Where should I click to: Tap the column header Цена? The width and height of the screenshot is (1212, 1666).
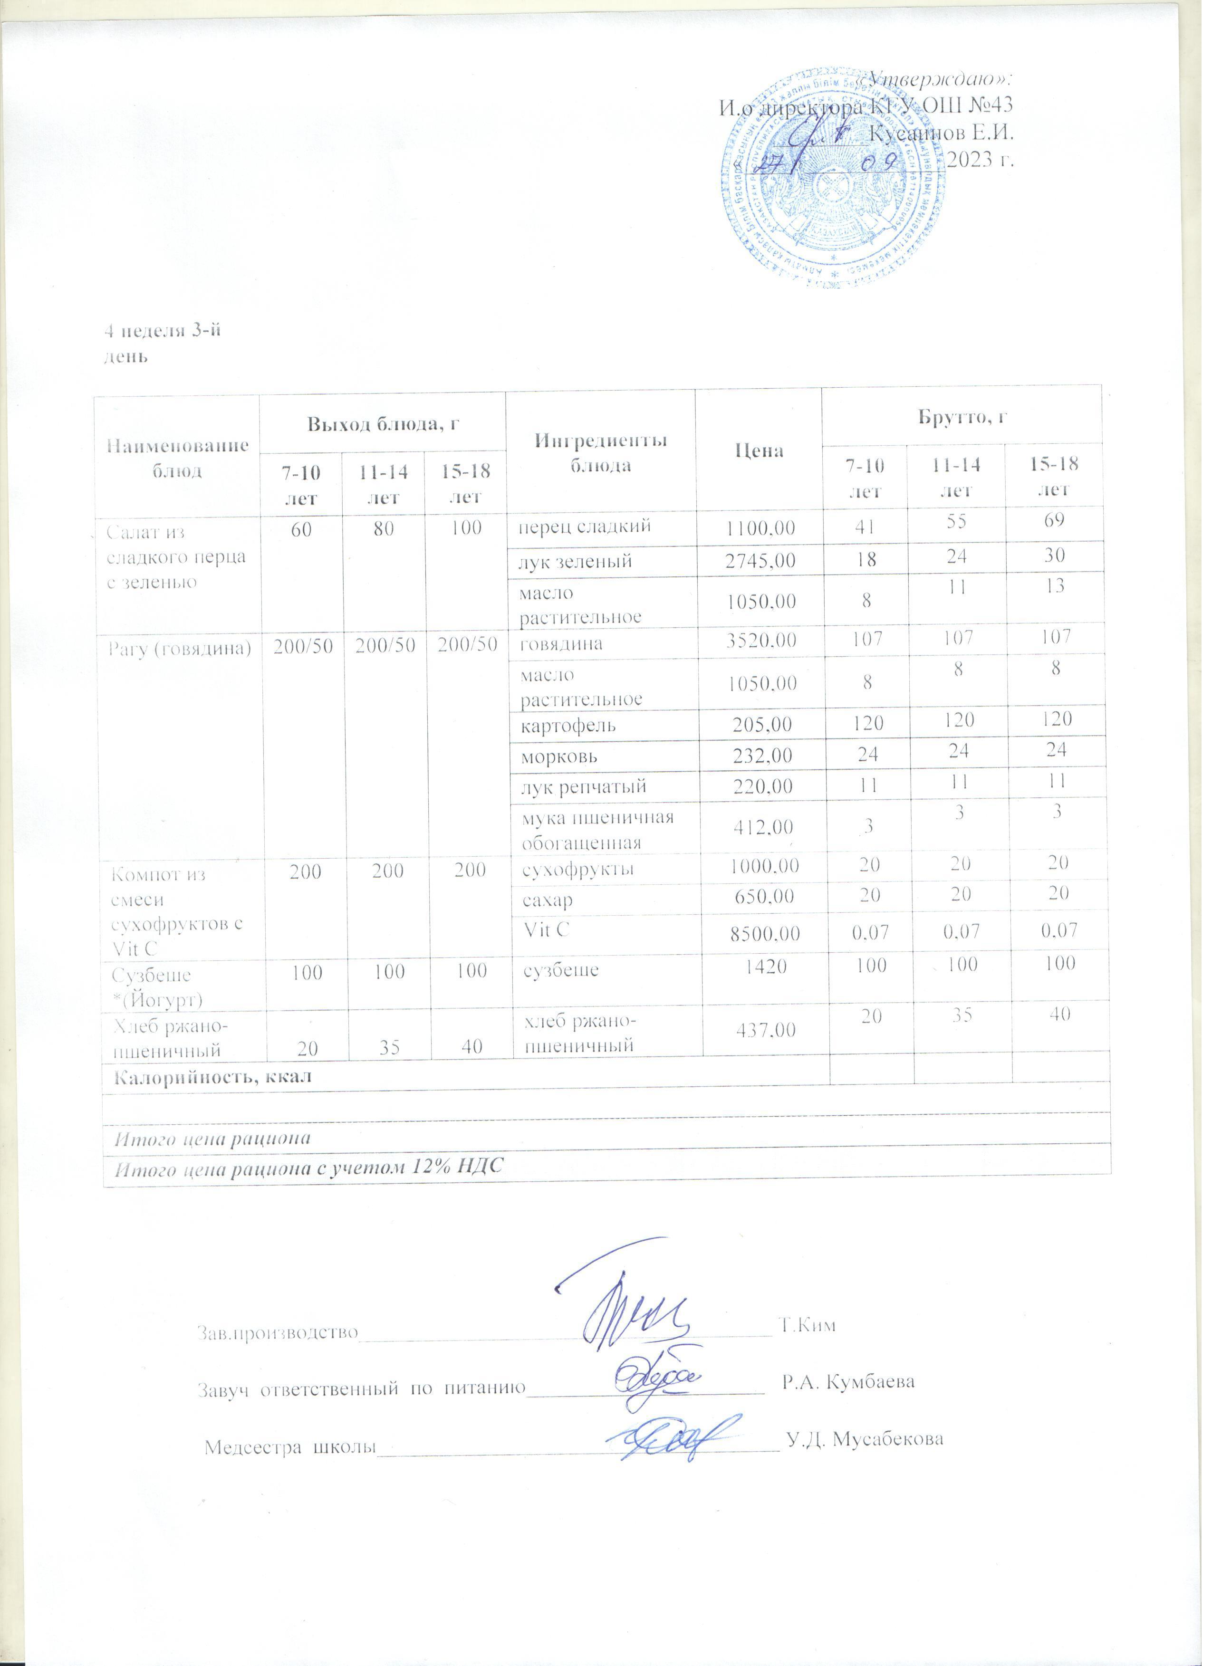pos(762,450)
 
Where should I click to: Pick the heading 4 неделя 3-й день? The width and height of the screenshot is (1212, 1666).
pos(163,343)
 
